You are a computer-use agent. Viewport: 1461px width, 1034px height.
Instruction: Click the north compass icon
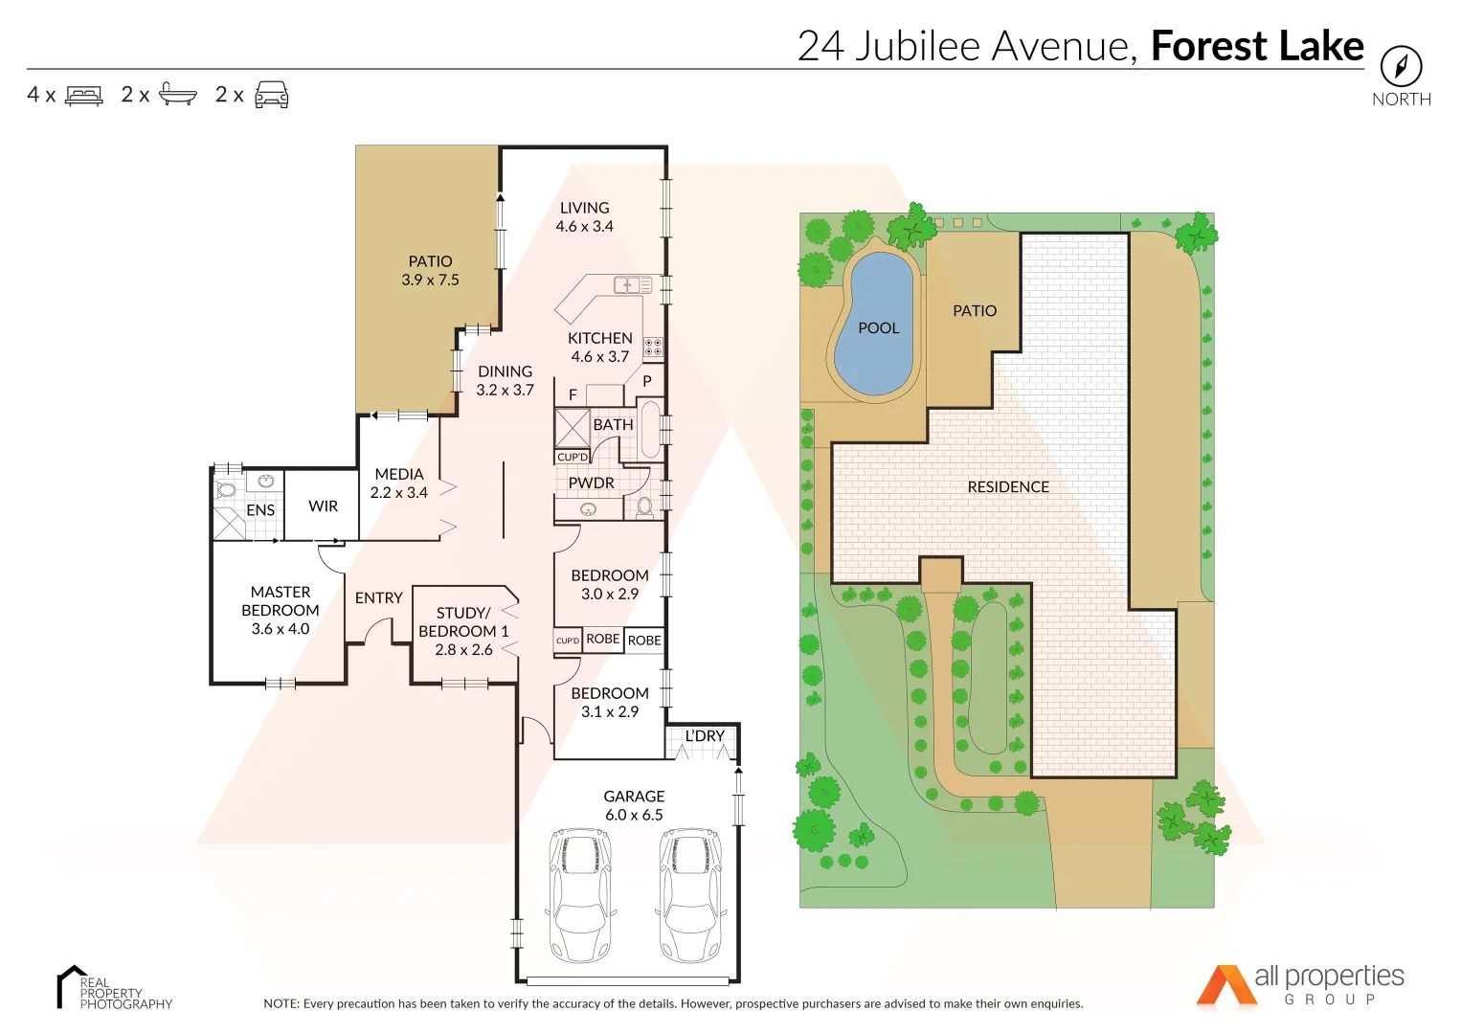(1401, 67)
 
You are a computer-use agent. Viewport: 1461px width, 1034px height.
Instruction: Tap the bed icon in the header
(84, 96)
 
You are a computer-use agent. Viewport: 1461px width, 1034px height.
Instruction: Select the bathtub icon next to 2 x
(178, 94)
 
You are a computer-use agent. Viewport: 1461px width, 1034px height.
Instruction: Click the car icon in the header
(272, 95)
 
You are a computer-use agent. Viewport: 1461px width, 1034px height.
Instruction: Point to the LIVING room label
(584, 209)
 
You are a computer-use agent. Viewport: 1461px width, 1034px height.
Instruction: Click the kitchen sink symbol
(632, 284)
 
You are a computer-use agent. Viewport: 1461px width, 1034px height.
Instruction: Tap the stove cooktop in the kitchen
(653, 347)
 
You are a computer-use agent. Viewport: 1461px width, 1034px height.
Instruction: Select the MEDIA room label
(399, 475)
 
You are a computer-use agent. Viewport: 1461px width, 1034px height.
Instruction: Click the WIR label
(323, 506)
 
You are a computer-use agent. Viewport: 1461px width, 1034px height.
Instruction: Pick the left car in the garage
(580, 894)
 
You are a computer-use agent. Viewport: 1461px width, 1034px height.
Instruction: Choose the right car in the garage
(690, 894)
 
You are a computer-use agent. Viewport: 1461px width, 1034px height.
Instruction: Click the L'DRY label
(705, 736)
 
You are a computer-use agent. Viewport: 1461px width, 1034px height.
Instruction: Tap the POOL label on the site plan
(878, 328)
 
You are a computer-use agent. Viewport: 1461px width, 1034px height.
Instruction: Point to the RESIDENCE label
(1008, 487)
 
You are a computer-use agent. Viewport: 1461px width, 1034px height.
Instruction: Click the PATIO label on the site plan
(975, 311)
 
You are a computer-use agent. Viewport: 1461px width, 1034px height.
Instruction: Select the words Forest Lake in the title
(1256, 46)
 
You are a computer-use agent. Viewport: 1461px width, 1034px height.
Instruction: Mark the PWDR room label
(592, 483)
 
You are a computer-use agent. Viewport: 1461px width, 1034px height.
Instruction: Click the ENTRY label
(378, 598)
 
